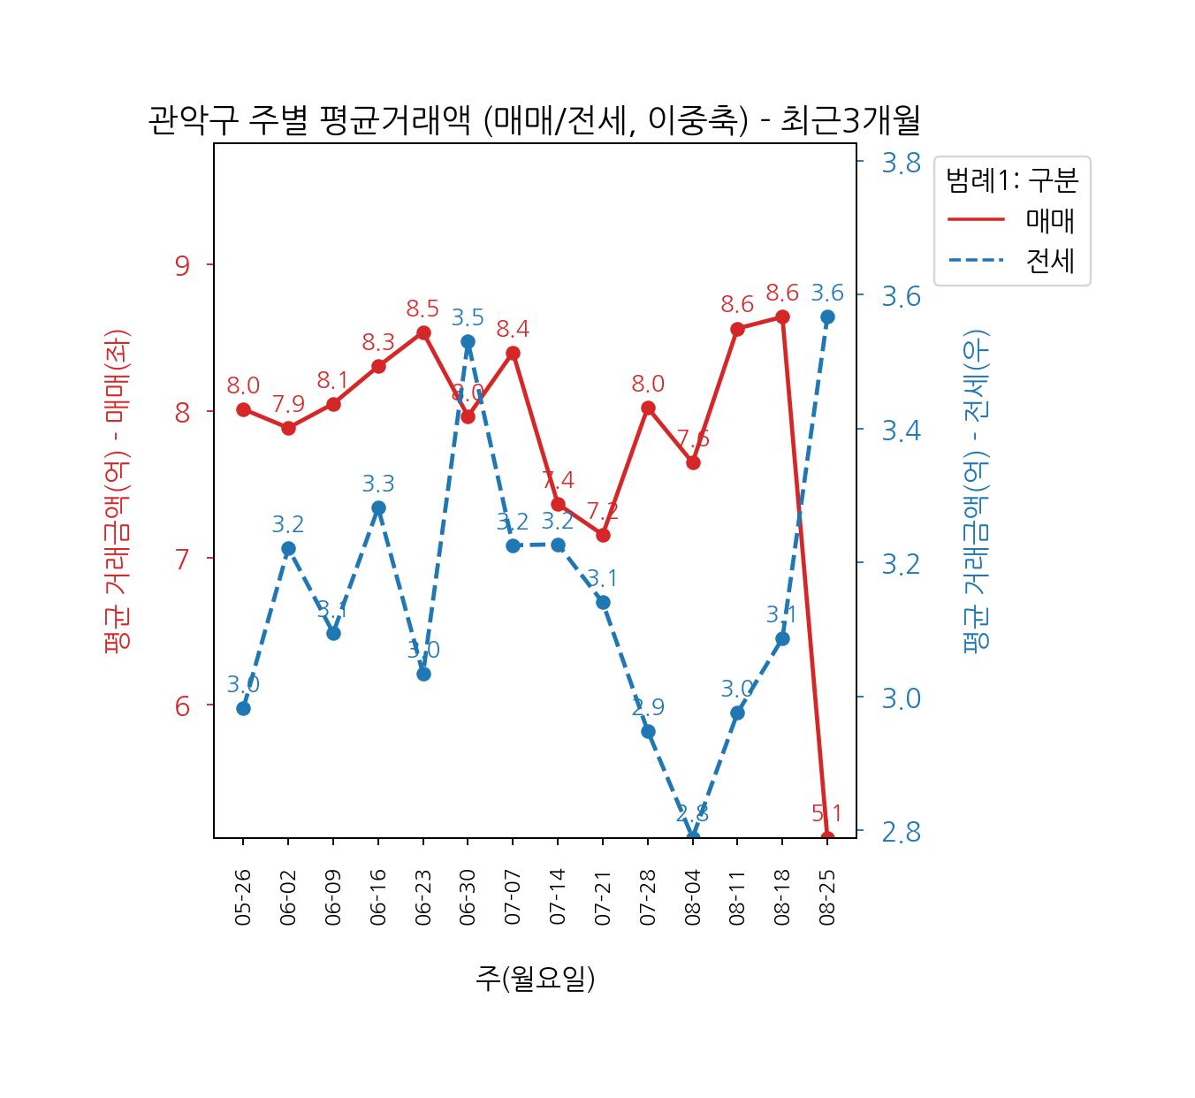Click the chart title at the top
coord(534,120)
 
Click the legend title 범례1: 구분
coord(1012,181)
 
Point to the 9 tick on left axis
coord(183,265)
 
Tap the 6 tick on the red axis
coord(183,705)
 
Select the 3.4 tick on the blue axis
coord(901,431)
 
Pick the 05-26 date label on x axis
coord(243,896)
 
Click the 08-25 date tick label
coord(827,896)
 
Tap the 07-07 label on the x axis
coord(513,896)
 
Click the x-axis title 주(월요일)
coord(535,978)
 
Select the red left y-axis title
coord(117,491)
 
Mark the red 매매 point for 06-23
coord(423,332)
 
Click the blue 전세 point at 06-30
coord(468,341)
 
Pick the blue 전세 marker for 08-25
coord(827,316)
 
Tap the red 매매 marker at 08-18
coord(782,316)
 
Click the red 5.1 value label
coord(826,813)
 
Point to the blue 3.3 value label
coord(378,484)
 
